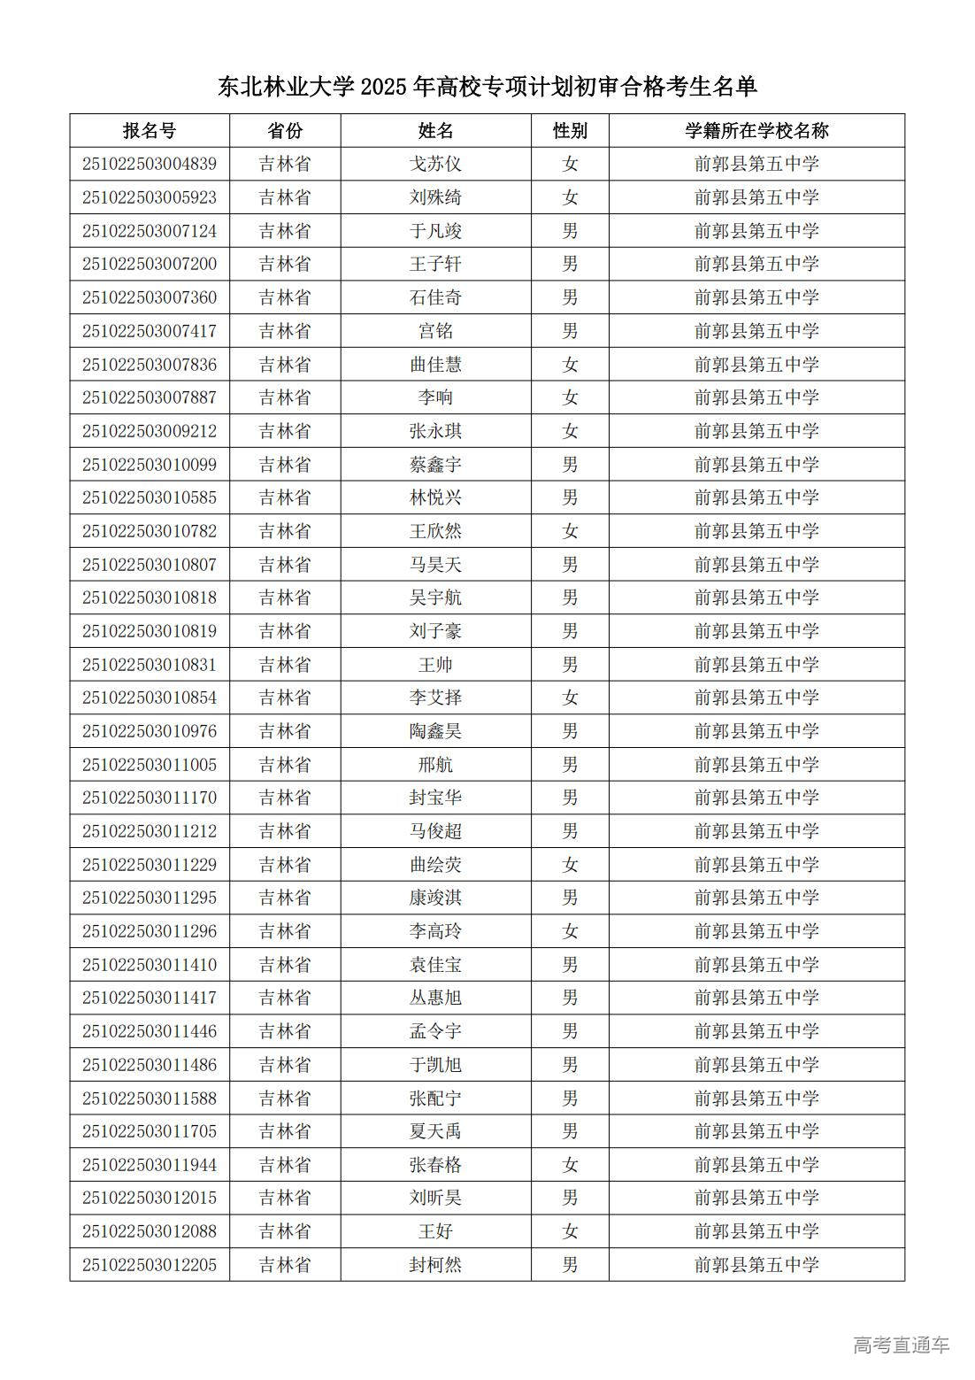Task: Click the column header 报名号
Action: click(x=150, y=131)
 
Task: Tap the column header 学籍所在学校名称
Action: click(x=756, y=131)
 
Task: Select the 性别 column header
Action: click(x=570, y=131)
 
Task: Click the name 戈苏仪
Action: click(x=435, y=164)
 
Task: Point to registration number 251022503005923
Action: click(x=150, y=197)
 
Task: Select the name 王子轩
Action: click(x=435, y=264)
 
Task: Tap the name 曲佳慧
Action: click(x=435, y=364)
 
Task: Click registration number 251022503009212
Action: click(x=150, y=431)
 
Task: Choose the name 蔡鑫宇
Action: click(x=435, y=465)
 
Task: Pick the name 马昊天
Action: click(x=435, y=565)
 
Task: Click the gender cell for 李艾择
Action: click(x=570, y=698)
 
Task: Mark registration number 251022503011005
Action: click(x=150, y=765)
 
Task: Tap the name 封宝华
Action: click(x=435, y=798)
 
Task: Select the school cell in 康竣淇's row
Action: click(x=756, y=898)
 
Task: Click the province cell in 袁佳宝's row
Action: click(x=285, y=965)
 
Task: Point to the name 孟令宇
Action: click(x=435, y=1031)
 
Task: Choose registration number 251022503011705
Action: click(x=150, y=1131)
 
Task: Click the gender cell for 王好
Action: click(x=570, y=1231)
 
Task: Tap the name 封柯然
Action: click(x=435, y=1265)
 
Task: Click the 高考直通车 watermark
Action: click(x=901, y=1345)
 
